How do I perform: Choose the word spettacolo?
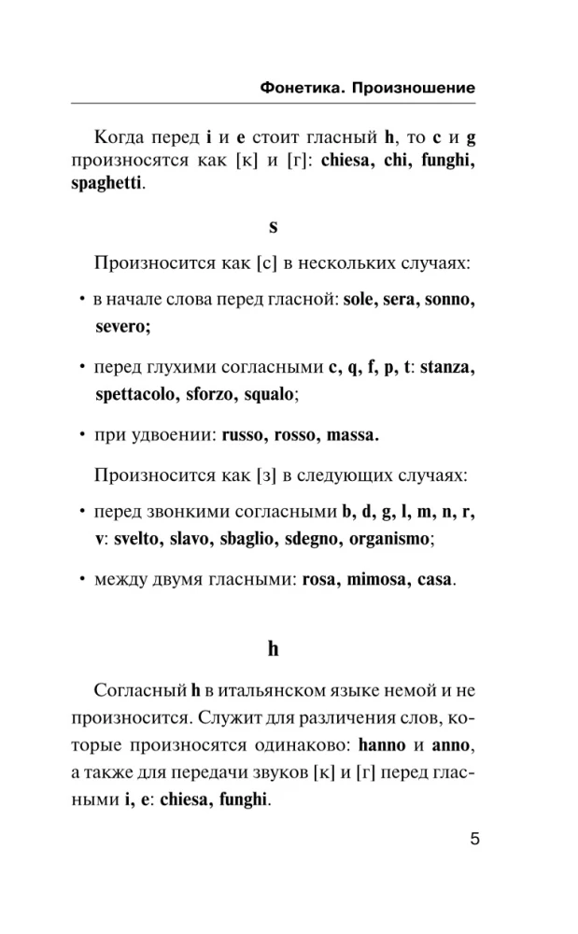[x=136, y=394]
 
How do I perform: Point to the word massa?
[x=350, y=436]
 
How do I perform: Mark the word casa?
[x=432, y=580]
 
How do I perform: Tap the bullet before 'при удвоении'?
[x=83, y=435]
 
